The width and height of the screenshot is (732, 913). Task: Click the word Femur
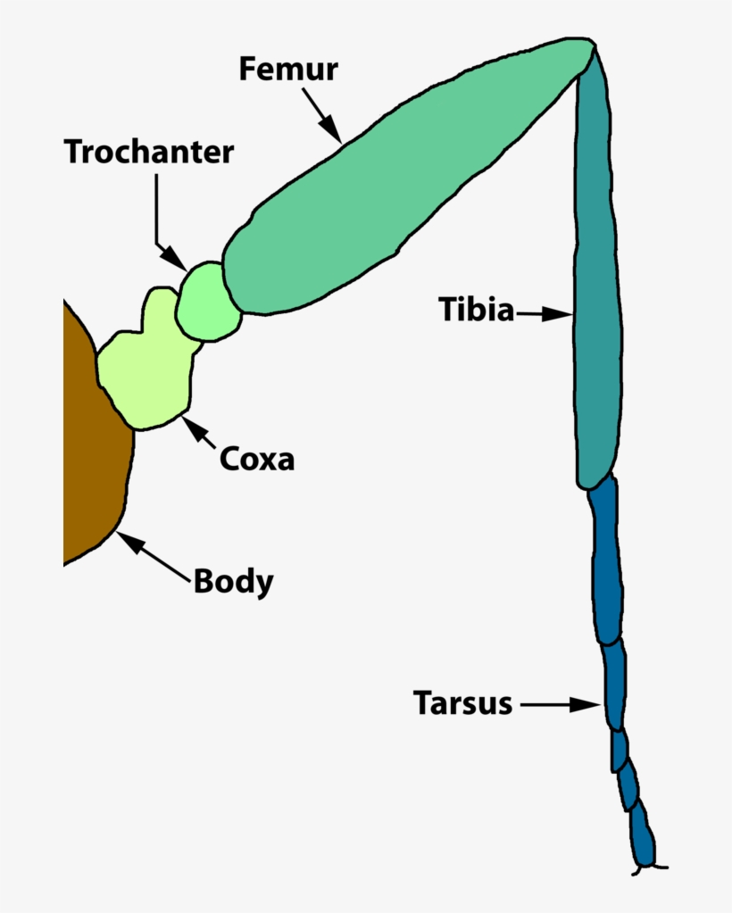(x=287, y=69)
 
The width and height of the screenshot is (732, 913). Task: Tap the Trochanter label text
(x=148, y=152)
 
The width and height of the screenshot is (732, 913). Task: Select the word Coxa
(x=256, y=460)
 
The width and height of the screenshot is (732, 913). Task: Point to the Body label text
(x=233, y=582)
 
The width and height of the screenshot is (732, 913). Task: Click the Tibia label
(x=476, y=311)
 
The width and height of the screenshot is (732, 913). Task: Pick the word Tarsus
(x=462, y=703)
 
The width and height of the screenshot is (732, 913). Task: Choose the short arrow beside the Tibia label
(x=545, y=314)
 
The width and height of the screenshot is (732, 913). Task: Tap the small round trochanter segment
(x=208, y=302)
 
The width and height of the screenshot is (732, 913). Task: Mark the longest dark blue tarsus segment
(x=604, y=562)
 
